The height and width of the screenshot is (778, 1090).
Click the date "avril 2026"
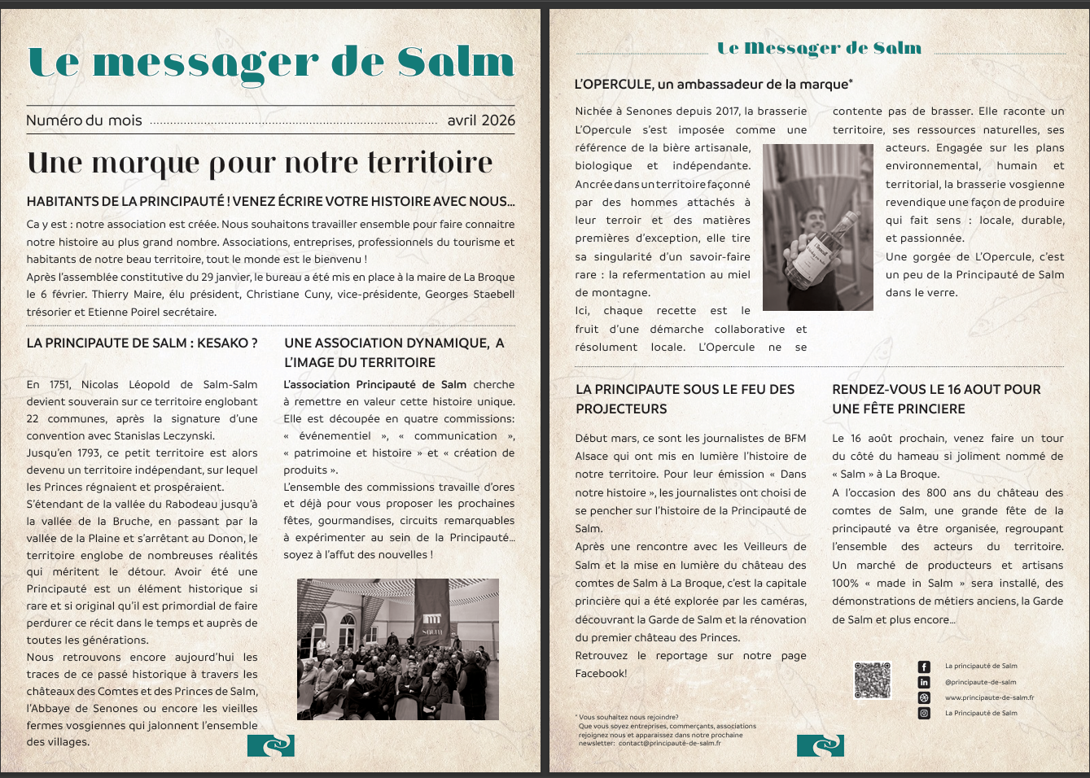[481, 120]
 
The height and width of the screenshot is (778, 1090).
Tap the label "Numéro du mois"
[84, 120]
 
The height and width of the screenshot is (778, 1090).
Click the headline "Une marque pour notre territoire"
[260, 163]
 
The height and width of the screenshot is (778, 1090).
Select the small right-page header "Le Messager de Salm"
[819, 48]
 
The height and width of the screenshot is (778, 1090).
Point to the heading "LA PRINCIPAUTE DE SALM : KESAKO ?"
[142, 343]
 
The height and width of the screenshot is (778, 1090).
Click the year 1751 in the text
[59, 384]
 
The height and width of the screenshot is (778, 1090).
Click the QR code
[873, 680]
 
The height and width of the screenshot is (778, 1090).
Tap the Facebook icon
[924, 667]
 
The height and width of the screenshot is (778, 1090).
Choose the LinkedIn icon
[924, 682]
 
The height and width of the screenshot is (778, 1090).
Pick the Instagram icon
[924, 713]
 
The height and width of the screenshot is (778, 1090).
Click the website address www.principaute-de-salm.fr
[989, 697]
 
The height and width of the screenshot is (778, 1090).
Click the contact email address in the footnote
[669, 743]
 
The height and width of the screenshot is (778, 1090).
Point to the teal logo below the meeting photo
[270, 745]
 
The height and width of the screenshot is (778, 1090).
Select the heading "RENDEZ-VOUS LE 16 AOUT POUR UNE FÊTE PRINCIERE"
[936, 399]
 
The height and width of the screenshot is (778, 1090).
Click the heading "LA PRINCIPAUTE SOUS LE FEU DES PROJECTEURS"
[685, 399]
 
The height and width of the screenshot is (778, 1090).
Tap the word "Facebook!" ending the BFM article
[601, 674]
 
